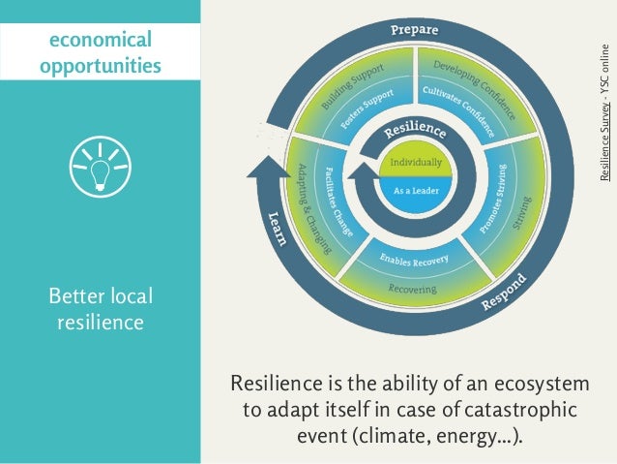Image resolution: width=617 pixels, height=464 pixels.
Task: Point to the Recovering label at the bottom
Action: click(413, 289)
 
